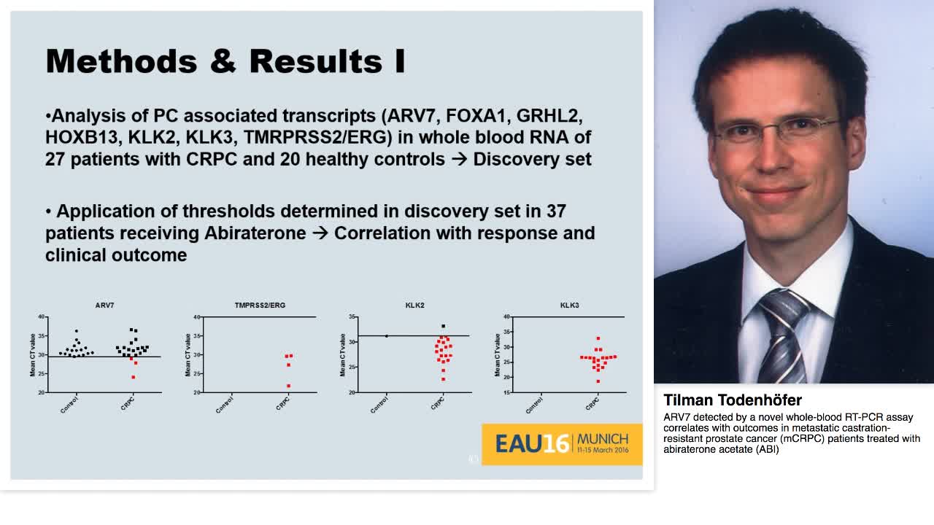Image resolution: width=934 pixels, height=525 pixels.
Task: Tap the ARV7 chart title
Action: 104,306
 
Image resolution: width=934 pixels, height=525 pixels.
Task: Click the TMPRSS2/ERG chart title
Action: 260,306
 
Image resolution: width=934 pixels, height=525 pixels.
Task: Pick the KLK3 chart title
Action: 569,306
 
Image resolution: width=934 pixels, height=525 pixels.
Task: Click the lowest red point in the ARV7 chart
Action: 133,377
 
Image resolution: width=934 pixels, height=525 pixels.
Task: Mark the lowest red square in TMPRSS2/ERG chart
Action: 288,386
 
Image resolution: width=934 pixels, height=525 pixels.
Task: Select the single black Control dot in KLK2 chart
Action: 386,336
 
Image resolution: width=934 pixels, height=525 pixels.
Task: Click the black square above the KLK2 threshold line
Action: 443,326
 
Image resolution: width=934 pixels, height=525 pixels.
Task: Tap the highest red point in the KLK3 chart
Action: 598,338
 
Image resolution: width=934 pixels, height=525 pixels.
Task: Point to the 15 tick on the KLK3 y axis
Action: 506,392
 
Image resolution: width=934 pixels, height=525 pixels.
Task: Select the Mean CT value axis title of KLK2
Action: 342,355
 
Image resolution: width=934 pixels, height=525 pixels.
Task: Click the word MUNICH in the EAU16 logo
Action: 602,440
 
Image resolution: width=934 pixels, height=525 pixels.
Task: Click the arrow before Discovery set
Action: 459,160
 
